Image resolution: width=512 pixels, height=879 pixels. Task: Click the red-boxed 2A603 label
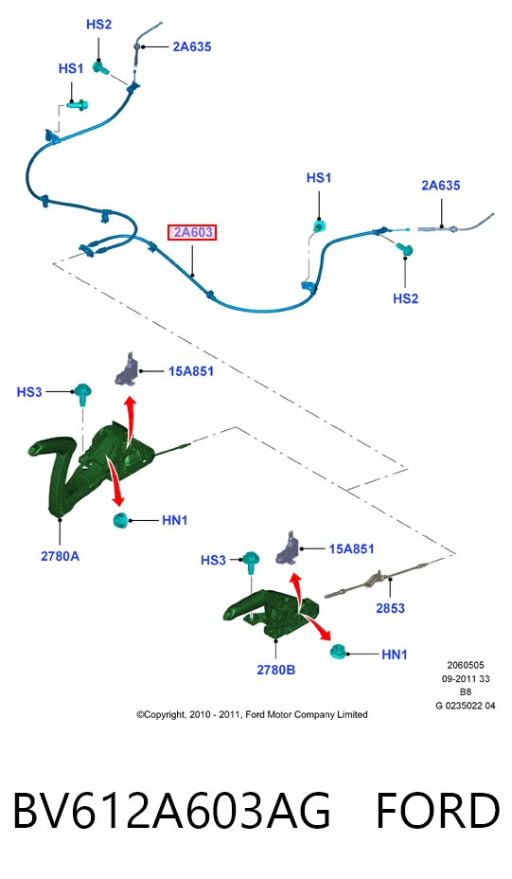tap(192, 232)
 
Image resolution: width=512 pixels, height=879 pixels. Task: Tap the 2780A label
tap(60, 556)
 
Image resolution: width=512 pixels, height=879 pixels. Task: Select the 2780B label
tap(275, 670)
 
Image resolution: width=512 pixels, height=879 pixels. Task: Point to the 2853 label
tap(391, 608)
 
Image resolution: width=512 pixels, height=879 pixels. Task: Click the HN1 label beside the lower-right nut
tap(395, 655)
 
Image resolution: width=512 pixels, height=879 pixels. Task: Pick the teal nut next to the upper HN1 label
tap(120, 520)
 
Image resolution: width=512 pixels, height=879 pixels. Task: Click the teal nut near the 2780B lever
tap(338, 652)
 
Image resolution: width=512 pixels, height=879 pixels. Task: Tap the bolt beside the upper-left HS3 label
tap(83, 393)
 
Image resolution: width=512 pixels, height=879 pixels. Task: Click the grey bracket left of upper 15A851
tap(126, 370)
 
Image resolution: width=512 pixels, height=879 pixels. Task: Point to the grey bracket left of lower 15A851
tap(288, 548)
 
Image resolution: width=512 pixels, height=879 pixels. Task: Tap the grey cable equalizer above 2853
tap(373, 581)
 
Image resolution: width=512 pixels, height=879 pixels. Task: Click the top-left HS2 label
tap(98, 24)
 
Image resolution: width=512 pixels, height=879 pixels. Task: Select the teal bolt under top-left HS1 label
tap(78, 104)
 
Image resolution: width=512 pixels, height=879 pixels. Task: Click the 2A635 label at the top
tap(192, 47)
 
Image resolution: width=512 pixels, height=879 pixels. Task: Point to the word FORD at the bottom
tap(437, 811)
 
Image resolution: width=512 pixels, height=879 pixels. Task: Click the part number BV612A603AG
tap(171, 811)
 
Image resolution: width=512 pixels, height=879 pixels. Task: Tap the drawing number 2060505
tap(466, 666)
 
